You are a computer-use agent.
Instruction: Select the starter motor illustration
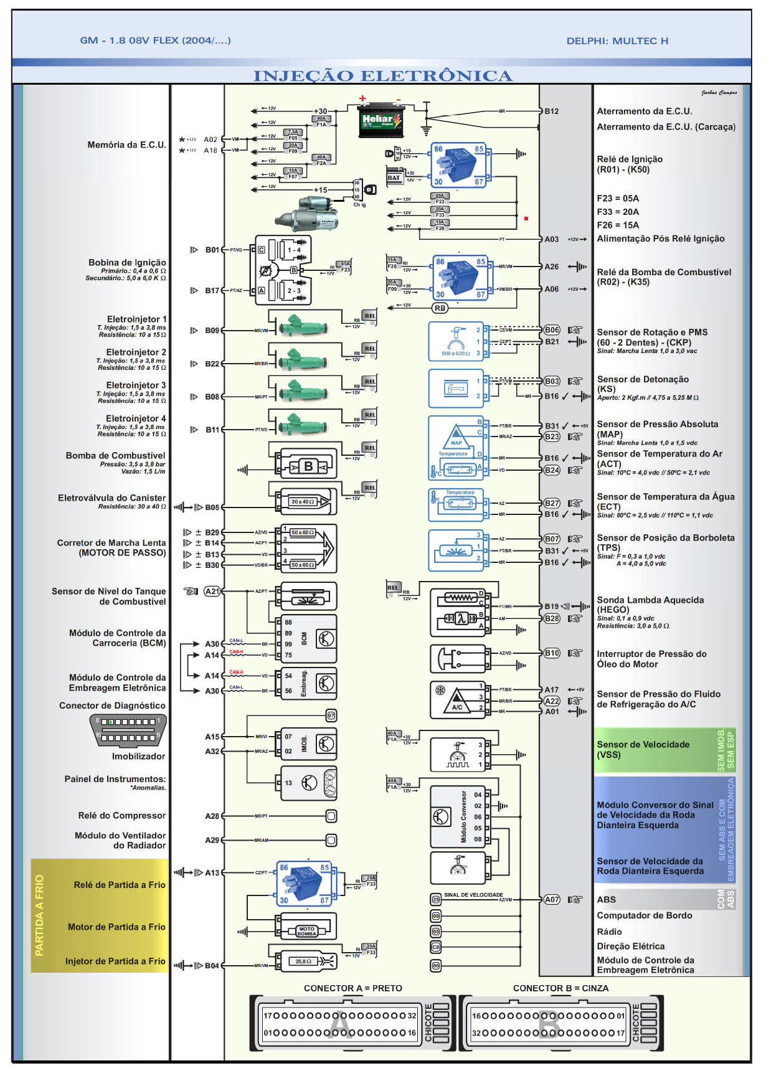click(x=309, y=214)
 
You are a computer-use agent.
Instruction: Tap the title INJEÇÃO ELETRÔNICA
click(x=382, y=76)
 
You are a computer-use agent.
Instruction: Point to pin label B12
click(x=552, y=111)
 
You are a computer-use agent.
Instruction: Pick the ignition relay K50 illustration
click(x=459, y=165)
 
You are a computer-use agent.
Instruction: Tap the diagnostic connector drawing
click(x=128, y=730)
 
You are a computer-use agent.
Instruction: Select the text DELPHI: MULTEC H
click(x=617, y=41)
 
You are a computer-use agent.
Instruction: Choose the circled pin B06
click(x=552, y=330)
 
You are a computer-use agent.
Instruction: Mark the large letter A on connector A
click(x=340, y=1024)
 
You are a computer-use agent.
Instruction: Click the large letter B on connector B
click(x=549, y=1024)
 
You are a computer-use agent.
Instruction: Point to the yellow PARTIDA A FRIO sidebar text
click(x=39, y=915)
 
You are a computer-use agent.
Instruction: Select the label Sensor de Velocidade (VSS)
click(x=643, y=750)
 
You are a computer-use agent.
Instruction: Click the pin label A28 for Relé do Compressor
click(x=212, y=816)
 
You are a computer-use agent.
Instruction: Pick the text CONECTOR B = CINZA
click(x=560, y=988)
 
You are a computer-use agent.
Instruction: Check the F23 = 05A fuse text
click(x=618, y=199)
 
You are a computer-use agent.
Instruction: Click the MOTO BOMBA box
click(x=307, y=931)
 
